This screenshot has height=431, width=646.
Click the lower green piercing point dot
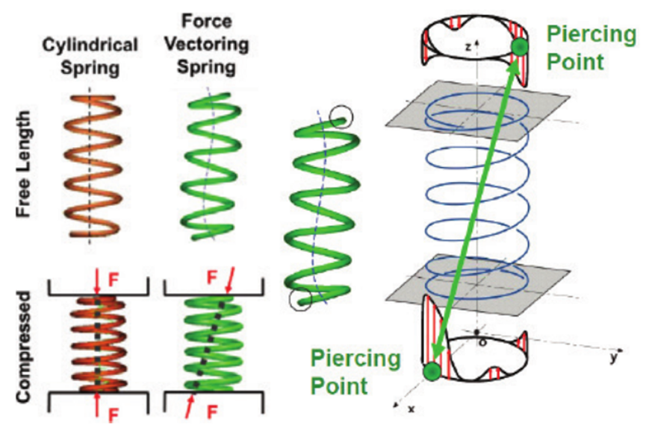click(x=431, y=371)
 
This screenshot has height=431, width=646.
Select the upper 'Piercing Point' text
click(x=583, y=46)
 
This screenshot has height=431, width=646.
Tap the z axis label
click(x=467, y=45)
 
